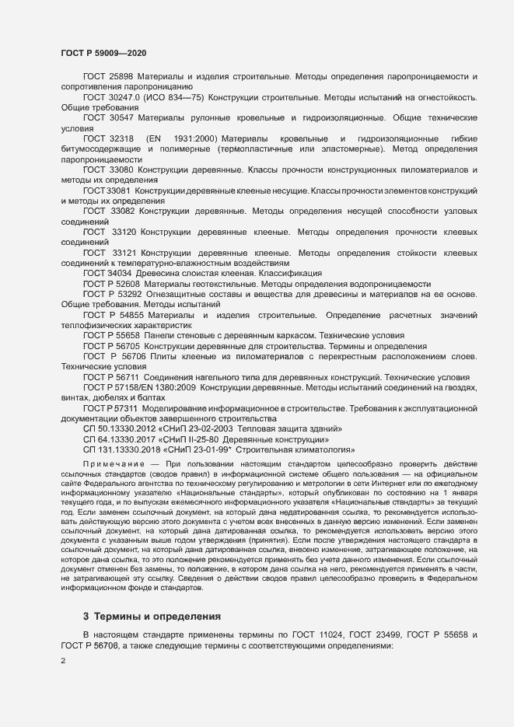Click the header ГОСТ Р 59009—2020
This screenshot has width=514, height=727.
[x=103, y=53]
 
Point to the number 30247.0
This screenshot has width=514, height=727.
[x=127, y=97]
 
